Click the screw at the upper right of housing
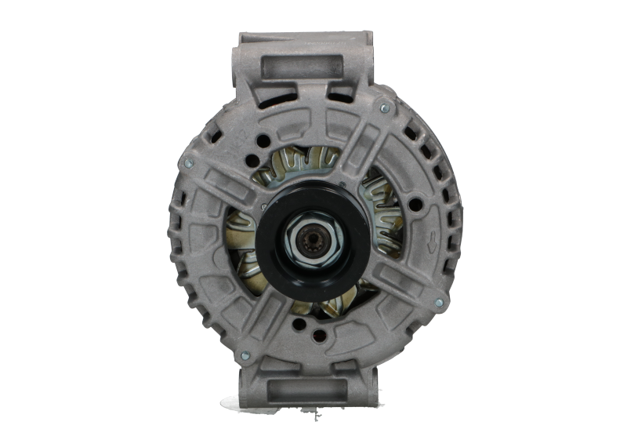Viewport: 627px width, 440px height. coord(384,107)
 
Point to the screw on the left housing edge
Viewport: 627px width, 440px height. coord(187,163)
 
